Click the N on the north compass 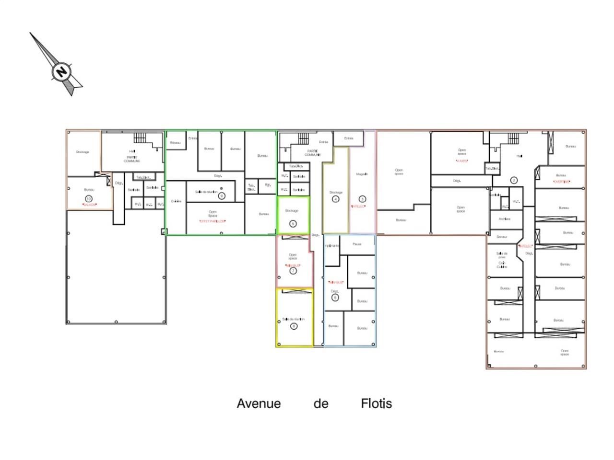[61, 72]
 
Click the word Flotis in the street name [376, 404]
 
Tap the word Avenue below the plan [259, 404]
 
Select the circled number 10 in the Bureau [88, 198]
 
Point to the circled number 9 [221, 195]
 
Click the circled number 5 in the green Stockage [293, 223]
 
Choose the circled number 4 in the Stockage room [335, 199]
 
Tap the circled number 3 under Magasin [362, 199]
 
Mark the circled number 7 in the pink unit [293, 271]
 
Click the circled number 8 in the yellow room [294, 326]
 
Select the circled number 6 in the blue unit [335, 298]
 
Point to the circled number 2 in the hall [514, 180]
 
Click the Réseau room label [175, 142]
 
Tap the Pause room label [357, 244]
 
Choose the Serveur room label [502, 237]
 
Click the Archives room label [504, 219]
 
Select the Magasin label [362, 174]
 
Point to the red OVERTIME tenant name [561, 182]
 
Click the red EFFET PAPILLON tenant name [213, 221]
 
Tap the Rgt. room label [267, 184]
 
